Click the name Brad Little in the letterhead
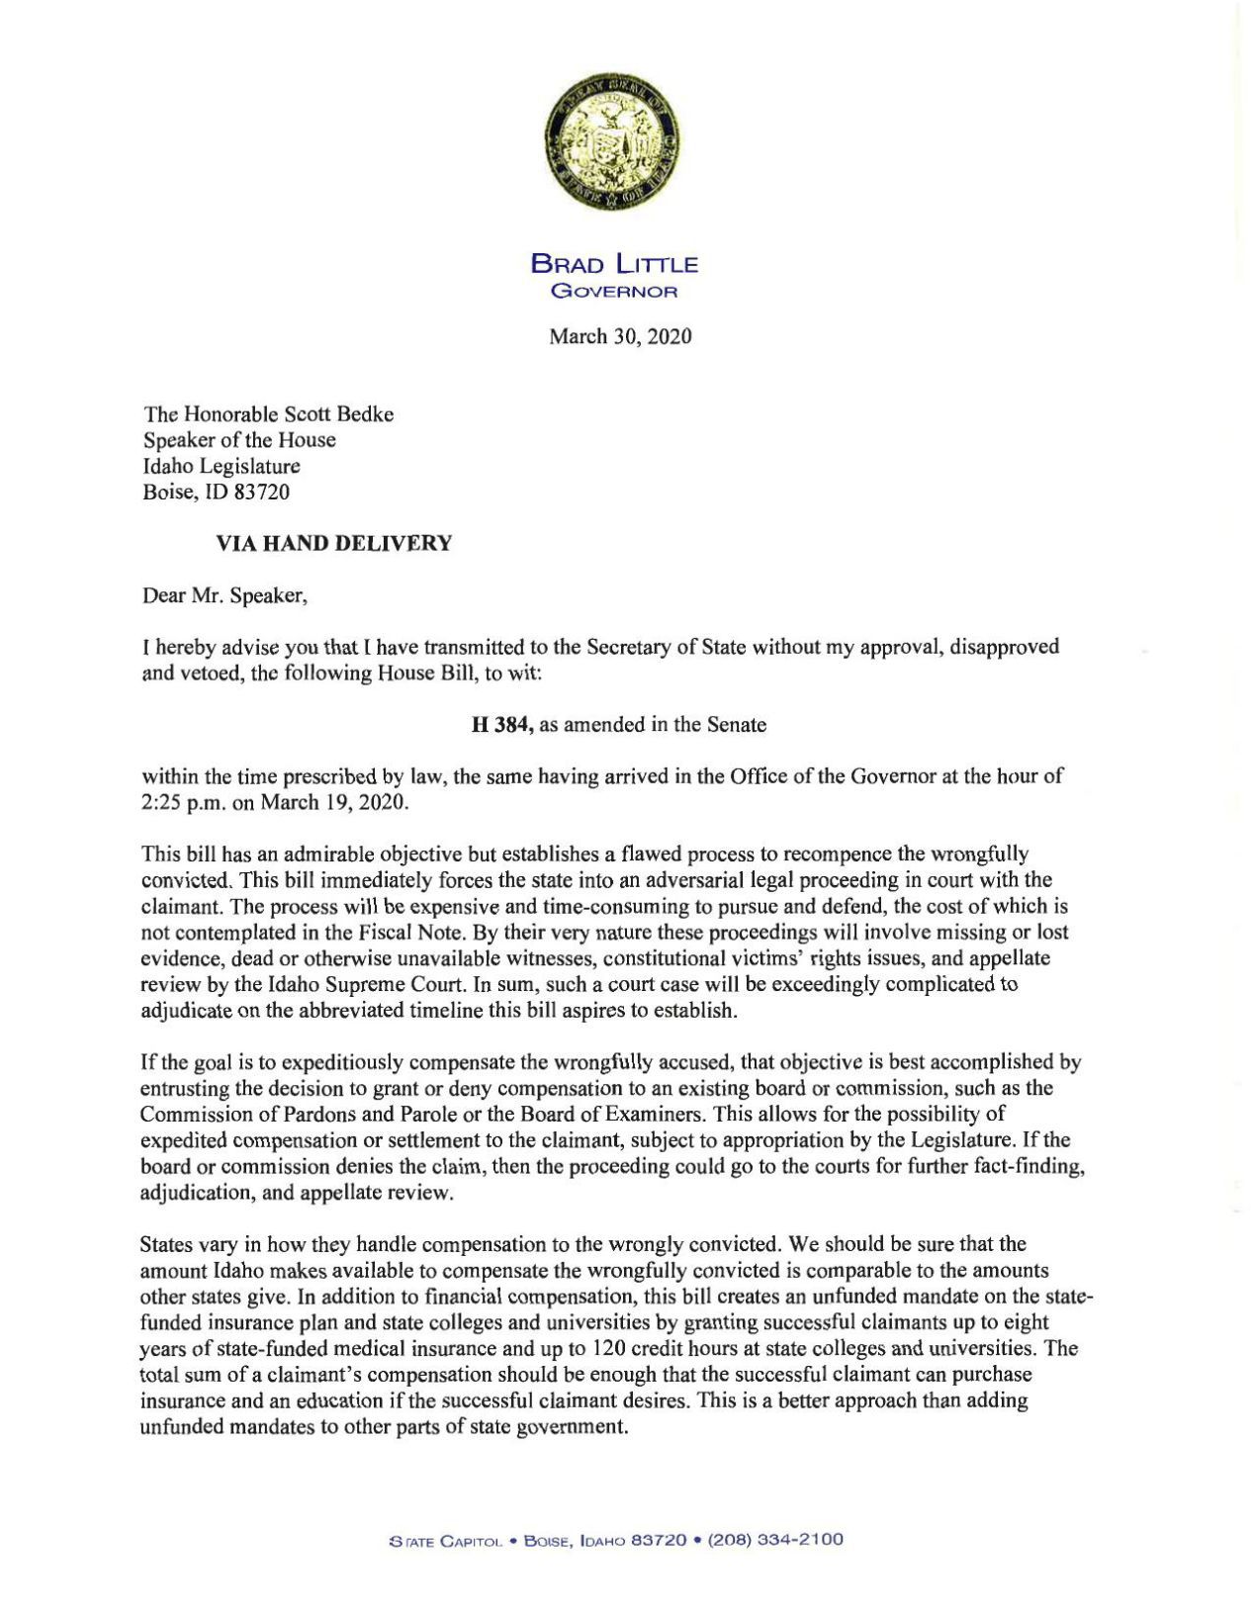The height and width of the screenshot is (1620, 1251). (614, 264)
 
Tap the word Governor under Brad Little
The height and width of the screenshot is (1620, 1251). (614, 291)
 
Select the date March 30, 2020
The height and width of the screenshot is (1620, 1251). (620, 337)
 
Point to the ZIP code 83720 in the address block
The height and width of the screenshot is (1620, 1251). (262, 492)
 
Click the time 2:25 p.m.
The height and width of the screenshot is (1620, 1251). (179, 802)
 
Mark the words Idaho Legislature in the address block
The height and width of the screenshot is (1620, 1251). (222, 466)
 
